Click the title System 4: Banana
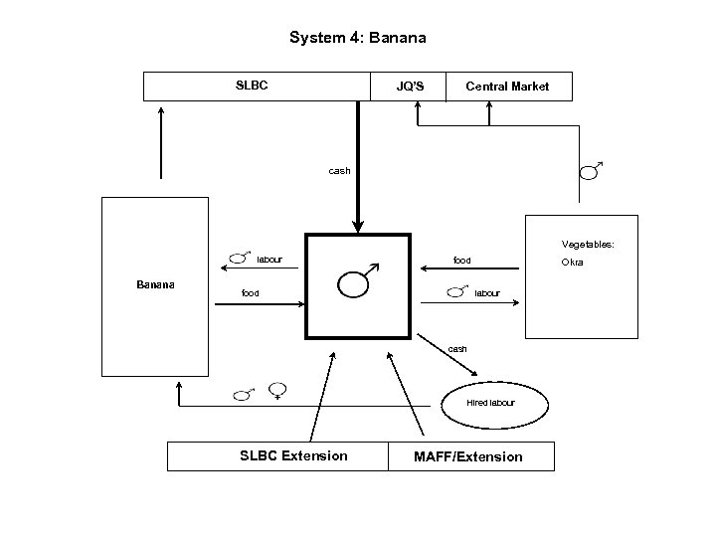(357, 38)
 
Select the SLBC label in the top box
(252, 86)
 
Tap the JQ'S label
(410, 87)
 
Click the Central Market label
(507, 87)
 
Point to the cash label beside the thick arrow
(339, 171)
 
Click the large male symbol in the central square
(356, 282)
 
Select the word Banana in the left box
(155, 284)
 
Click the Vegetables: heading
(588, 244)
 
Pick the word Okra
(572, 263)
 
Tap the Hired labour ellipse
(490, 403)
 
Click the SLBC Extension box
(294, 456)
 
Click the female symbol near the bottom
(277, 392)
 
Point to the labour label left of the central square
(269, 260)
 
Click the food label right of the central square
(462, 260)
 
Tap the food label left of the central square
(251, 293)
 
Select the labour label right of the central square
(487, 293)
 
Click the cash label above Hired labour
(457, 349)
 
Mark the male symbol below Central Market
(590, 172)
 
